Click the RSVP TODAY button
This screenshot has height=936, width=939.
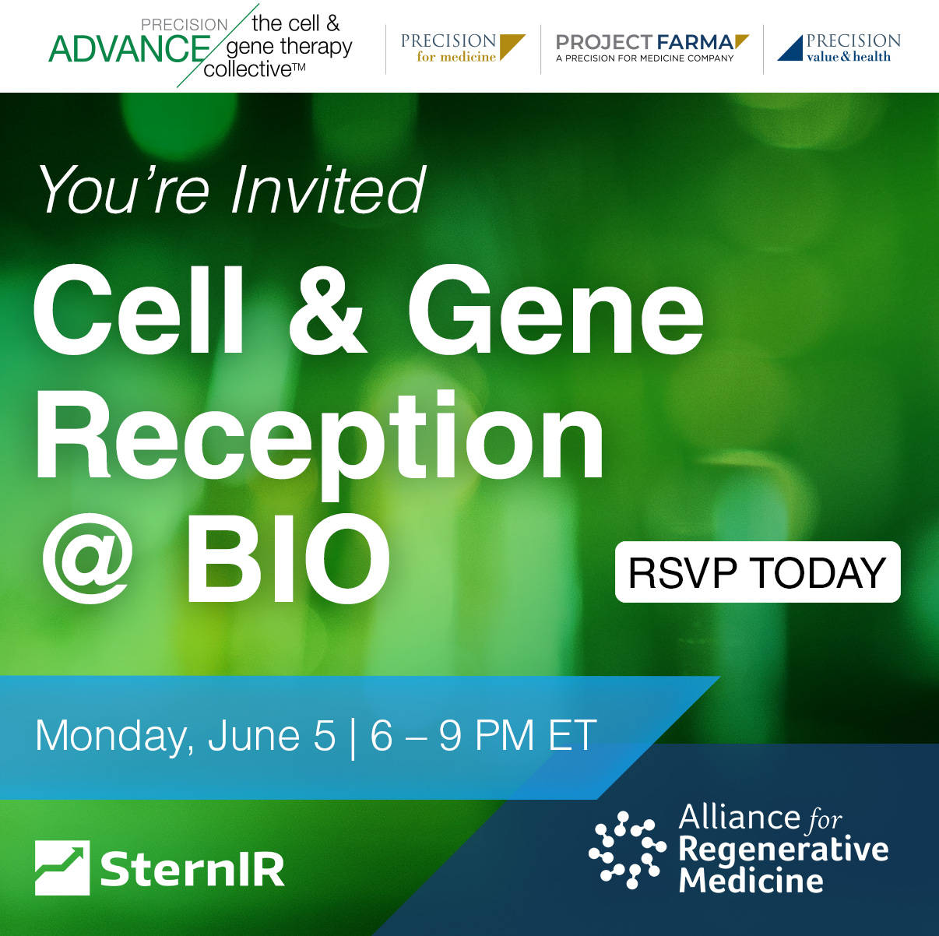(758, 572)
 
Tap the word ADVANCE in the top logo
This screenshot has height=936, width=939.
(129, 50)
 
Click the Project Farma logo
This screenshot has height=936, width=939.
(652, 48)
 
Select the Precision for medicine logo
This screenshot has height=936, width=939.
(462, 48)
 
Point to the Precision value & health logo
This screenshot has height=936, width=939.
(839, 48)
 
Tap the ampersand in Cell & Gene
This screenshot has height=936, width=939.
(327, 310)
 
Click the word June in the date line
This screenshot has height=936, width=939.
(253, 735)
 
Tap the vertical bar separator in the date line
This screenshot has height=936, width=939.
(353, 737)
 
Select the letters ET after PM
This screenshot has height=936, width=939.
(573, 734)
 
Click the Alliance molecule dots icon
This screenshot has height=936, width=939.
(627, 850)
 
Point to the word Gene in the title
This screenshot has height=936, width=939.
(556, 310)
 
